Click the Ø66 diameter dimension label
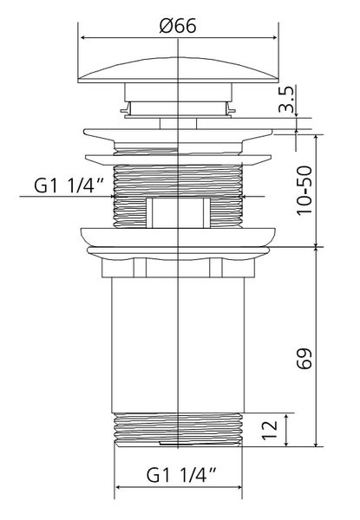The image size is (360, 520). pos(178,26)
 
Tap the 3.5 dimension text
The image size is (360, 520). pos(286,99)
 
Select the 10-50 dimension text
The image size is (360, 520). pos(304,191)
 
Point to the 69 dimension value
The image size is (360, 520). pos(304,358)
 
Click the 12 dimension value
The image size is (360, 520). pos(270,430)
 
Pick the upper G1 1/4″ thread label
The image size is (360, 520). pos(69,185)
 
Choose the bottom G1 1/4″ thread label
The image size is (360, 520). pos(181,475)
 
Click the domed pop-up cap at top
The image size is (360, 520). pos(178,70)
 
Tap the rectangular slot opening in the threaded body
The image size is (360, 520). pos(178,212)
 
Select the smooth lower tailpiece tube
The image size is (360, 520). pos(178,345)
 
